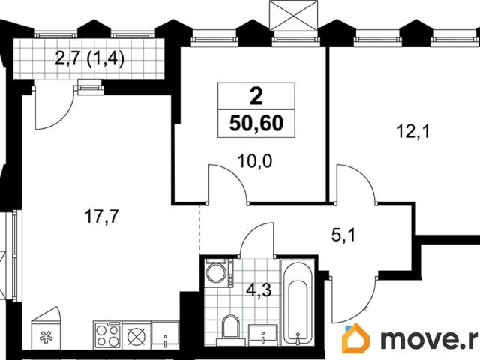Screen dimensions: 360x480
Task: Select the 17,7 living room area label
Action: click(x=100, y=217)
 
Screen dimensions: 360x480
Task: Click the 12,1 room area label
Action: click(x=410, y=131)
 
